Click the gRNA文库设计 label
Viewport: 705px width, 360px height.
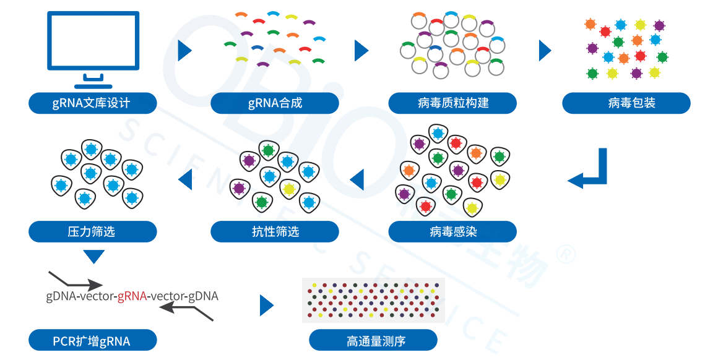point(92,103)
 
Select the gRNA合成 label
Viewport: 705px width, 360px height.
point(275,103)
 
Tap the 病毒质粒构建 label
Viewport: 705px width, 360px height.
point(452,103)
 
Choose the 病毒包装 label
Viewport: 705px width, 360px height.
point(626,103)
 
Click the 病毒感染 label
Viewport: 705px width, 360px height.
point(452,231)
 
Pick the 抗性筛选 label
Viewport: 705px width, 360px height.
point(275,231)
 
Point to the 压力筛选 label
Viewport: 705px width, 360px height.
point(92,231)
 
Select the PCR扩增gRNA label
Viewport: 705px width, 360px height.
point(92,340)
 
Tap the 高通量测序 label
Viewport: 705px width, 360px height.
point(373,340)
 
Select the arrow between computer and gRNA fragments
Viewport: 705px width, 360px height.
point(184,51)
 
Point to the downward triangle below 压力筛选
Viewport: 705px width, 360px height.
point(93,256)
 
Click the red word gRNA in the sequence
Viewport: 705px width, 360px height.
point(132,296)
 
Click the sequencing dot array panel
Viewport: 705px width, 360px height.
point(373,300)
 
